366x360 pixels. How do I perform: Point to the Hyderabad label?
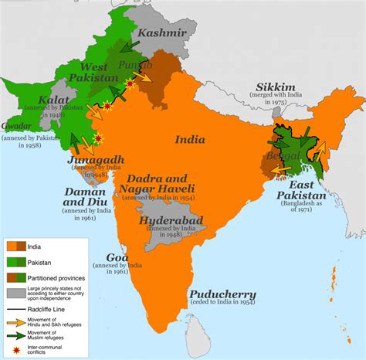click(168, 220)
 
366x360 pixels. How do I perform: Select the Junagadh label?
click(97, 160)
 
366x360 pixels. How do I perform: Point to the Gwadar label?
click(18, 124)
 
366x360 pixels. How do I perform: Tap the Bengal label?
click(278, 158)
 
